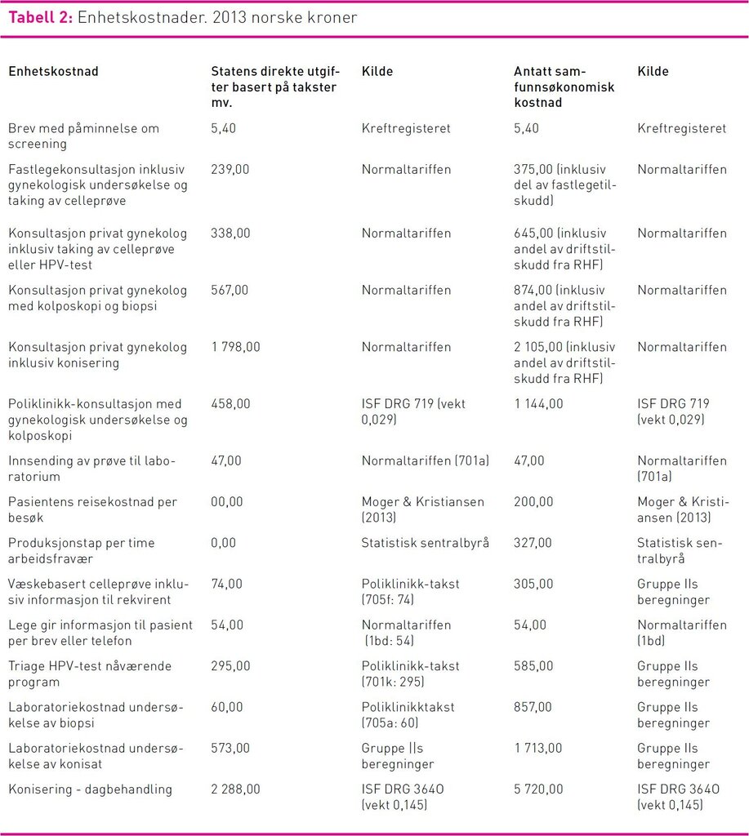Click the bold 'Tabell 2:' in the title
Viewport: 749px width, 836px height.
tap(41, 18)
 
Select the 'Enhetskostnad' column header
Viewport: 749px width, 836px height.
tap(53, 72)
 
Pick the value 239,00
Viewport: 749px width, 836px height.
tap(230, 170)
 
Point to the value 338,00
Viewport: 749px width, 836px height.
tap(230, 233)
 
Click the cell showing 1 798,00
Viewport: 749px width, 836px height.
tap(235, 347)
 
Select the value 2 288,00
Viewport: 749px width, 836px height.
tap(235, 789)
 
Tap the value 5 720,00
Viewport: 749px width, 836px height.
tap(538, 789)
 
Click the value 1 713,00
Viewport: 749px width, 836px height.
tap(538, 749)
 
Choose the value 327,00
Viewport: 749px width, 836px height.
tap(533, 543)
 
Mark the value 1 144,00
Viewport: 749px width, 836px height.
tap(538, 404)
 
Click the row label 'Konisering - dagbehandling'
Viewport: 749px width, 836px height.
tap(90, 789)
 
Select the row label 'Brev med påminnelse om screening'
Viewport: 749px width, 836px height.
tap(83, 136)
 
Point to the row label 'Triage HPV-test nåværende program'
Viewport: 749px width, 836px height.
tap(90, 674)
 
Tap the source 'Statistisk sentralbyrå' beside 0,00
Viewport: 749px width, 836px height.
tap(426, 543)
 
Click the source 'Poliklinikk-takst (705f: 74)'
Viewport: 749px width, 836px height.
tap(411, 592)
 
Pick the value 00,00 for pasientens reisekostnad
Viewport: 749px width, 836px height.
tap(226, 502)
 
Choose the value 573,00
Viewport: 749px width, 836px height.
tap(230, 749)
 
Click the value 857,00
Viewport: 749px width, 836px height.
tap(533, 708)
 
